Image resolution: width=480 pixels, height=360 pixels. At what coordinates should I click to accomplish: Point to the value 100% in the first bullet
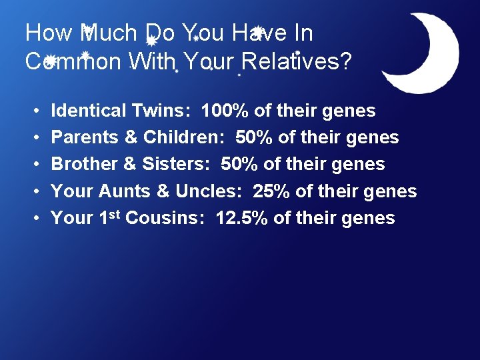coord(225,111)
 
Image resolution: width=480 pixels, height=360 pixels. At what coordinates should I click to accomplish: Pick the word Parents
coord(82,137)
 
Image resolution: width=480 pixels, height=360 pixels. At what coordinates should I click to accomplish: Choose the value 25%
coord(271,191)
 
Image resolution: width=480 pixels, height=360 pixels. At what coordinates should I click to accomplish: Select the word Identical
coord(89,111)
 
